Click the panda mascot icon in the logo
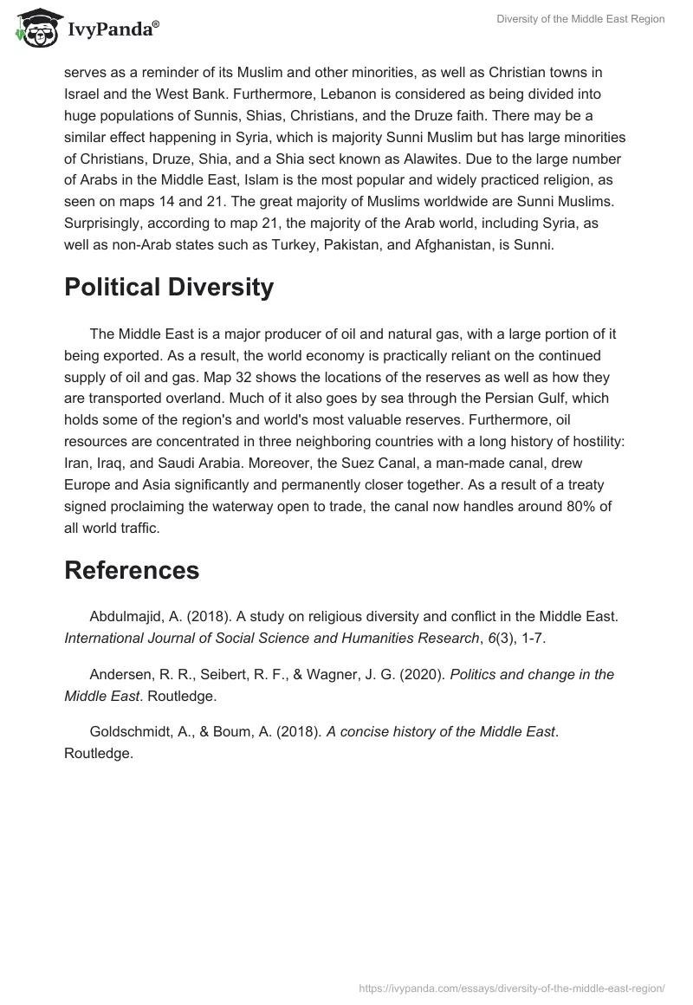[32, 29]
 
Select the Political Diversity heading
[169, 287]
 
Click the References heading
[132, 569]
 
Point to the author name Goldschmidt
[133, 732]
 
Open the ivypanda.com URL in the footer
[511, 988]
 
